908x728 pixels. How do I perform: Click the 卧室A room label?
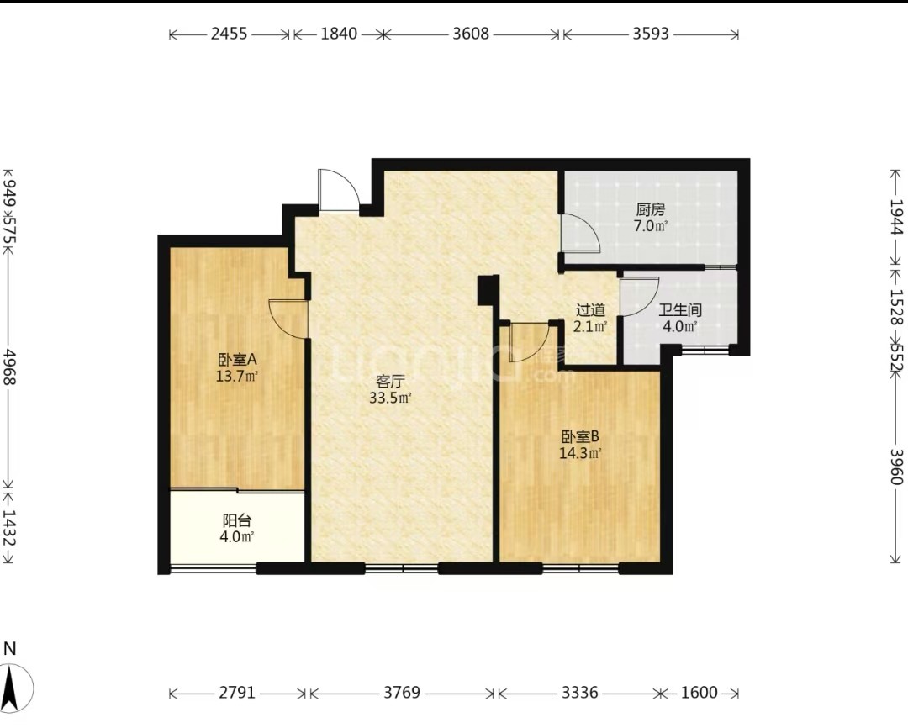pyautogui.click(x=237, y=360)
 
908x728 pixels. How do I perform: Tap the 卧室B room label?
pyautogui.click(x=579, y=436)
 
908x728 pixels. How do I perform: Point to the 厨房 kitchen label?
pyautogui.click(x=650, y=209)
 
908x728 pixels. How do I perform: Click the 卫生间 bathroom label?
pyautogui.click(x=680, y=310)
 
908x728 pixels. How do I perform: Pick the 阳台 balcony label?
pyautogui.click(x=237, y=520)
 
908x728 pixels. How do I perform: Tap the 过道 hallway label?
pyautogui.click(x=591, y=310)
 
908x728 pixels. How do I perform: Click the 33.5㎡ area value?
pyautogui.click(x=390, y=398)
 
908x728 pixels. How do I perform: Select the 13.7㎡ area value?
pyautogui.click(x=237, y=377)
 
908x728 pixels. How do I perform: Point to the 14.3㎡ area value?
pyautogui.click(x=579, y=453)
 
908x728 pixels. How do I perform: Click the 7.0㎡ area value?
pyautogui.click(x=650, y=226)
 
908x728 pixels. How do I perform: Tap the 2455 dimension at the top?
pyautogui.click(x=229, y=34)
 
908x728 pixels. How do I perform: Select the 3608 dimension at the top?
pyautogui.click(x=471, y=34)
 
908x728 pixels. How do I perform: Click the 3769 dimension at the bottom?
pyautogui.click(x=401, y=693)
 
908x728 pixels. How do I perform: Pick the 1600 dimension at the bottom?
pyautogui.click(x=699, y=693)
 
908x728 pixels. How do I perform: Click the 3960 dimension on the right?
pyautogui.click(x=896, y=467)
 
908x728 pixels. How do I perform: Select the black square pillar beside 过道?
pyautogui.click(x=488, y=289)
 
